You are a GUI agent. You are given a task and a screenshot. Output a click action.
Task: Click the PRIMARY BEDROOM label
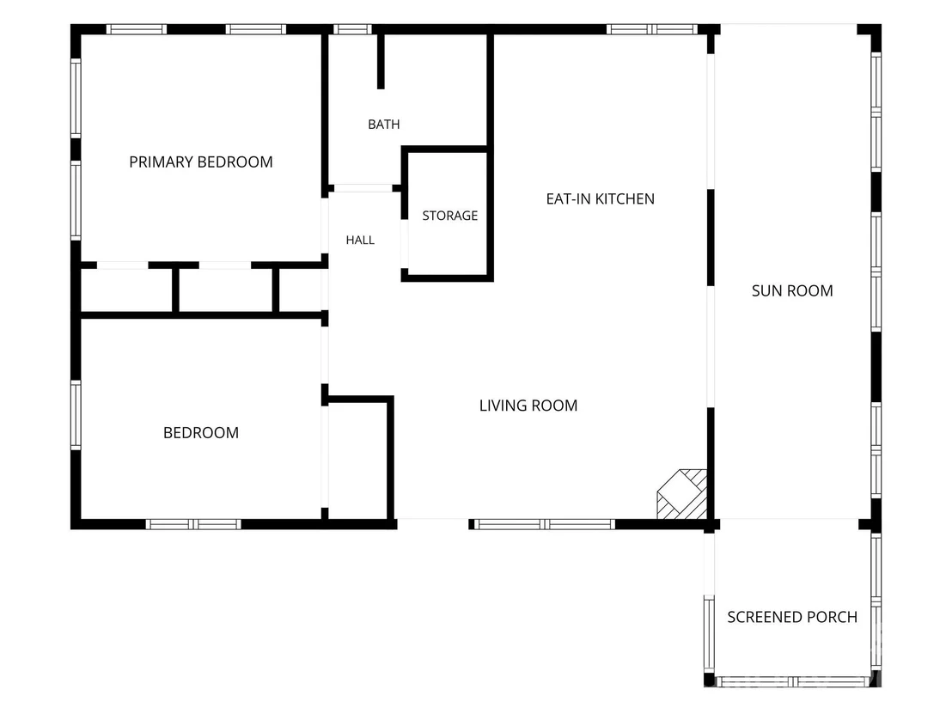[x=201, y=162]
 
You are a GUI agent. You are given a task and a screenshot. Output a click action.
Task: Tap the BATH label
[x=384, y=125]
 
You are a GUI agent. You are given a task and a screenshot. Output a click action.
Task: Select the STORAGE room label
[x=450, y=216]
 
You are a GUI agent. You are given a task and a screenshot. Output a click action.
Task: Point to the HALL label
[x=360, y=241]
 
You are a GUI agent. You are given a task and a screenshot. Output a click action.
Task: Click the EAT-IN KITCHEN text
[x=601, y=199]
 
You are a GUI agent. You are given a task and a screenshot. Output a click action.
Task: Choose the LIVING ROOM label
[x=528, y=406]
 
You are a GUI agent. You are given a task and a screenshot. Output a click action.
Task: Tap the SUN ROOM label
[x=792, y=290]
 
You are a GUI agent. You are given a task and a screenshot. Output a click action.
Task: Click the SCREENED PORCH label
[x=792, y=618]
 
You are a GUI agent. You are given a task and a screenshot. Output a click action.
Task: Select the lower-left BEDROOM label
[x=201, y=433]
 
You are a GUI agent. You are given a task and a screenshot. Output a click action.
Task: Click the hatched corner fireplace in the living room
[x=682, y=493]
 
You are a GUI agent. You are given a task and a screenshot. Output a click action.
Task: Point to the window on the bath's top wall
[x=352, y=29]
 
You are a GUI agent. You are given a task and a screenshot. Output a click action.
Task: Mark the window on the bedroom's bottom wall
[x=193, y=525]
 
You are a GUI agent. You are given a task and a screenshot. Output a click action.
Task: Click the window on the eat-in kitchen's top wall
[x=652, y=29]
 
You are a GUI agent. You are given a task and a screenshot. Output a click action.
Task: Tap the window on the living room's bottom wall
[x=545, y=525]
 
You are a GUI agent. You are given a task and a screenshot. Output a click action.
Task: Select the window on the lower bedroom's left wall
[x=76, y=415]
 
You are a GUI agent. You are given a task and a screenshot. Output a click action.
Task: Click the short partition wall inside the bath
[x=381, y=62]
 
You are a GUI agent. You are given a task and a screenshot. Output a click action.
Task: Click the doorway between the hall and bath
[x=363, y=188]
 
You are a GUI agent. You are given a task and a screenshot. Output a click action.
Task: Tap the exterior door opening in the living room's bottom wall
[x=433, y=523]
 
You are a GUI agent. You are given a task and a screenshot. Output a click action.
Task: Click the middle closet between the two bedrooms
[x=226, y=290]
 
